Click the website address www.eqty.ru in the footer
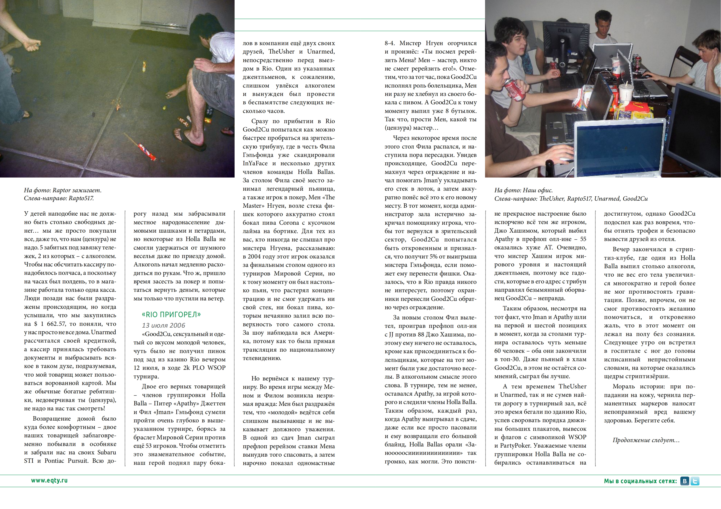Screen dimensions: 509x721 [x=49, y=480]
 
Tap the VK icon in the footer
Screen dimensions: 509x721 [x=685, y=481]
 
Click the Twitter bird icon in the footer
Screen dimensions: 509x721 [x=695, y=481]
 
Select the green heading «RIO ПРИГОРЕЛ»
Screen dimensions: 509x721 [x=171, y=314]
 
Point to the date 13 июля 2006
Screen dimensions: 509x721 [x=163, y=325]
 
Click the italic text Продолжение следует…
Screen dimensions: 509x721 [x=646, y=440]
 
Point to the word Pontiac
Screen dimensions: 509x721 [x=56, y=461]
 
